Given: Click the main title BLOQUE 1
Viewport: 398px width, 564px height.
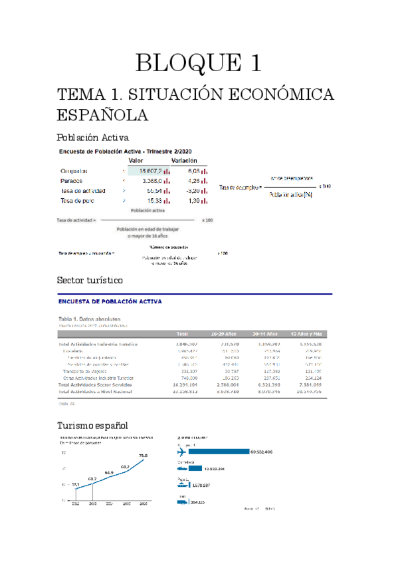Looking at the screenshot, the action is click(x=199, y=63).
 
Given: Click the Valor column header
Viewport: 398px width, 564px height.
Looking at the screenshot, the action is click(x=136, y=160).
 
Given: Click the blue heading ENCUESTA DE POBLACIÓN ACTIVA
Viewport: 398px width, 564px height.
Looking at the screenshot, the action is click(x=109, y=301).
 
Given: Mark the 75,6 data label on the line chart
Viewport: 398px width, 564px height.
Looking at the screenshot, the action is click(x=142, y=455).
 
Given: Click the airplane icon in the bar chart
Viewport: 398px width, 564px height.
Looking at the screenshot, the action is click(x=183, y=451).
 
